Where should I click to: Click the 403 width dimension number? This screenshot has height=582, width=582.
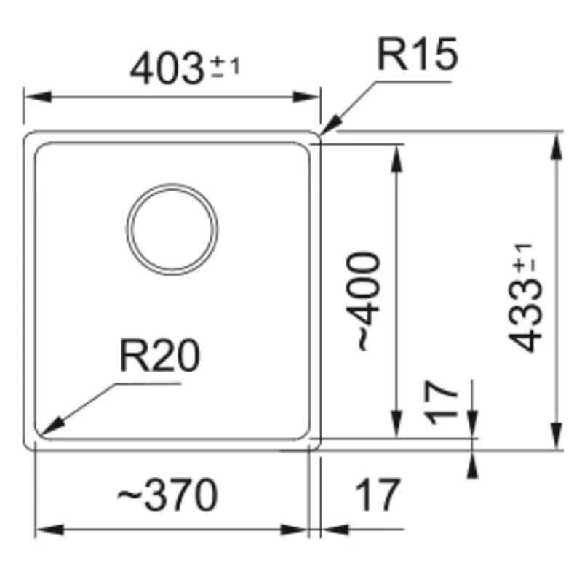point(166,69)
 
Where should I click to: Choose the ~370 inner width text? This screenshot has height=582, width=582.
point(167,496)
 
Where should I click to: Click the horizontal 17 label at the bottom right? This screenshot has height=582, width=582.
point(378,496)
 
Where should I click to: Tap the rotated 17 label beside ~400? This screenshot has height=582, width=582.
point(443,403)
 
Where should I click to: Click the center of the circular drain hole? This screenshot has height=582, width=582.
point(172,228)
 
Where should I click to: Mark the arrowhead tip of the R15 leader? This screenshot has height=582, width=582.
point(322,135)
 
